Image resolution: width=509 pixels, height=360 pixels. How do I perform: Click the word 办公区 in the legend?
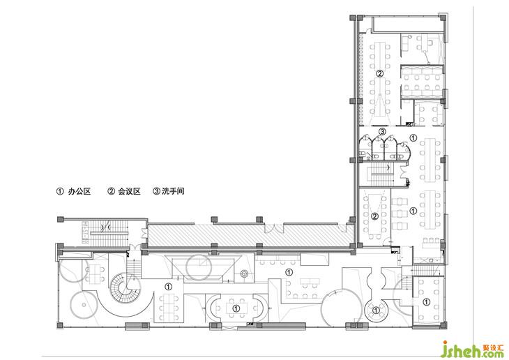pyautogui.click(x=79, y=191)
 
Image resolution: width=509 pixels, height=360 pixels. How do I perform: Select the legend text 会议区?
pyautogui.click(x=129, y=191)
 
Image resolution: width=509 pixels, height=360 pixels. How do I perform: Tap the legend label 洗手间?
pyautogui.click(x=173, y=191)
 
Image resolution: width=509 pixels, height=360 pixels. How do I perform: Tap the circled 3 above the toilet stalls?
pyautogui.click(x=382, y=132)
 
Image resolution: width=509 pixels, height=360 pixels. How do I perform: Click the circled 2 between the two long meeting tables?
pyautogui.click(x=379, y=73)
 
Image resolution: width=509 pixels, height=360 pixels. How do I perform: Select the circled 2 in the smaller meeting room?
pyautogui.click(x=374, y=216)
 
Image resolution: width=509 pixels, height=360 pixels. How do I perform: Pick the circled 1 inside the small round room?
pyautogui.click(x=376, y=310)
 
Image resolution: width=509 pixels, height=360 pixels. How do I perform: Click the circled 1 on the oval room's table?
pyautogui.click(x=236, y=308)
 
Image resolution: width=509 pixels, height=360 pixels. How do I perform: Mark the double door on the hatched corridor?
pyautogui.click(x=274, y=228)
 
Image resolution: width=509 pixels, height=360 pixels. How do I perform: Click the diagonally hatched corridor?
pyautogui.click(x=250, y=234)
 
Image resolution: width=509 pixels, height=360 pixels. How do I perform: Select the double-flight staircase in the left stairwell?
pyautogui.click(x=107, y=232)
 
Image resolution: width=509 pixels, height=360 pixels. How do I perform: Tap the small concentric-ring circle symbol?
pyautogui.click(x=244, y=274)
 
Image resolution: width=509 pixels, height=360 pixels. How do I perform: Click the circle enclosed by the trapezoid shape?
pyautogui.click(x=199, y=267)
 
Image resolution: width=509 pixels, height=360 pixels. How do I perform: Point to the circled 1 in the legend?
pyautogui.click(x=60, y=191)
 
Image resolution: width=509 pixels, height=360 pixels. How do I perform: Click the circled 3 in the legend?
pyautogui.click(x=156, y=191)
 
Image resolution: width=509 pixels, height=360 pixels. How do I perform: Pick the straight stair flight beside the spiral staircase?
pyautogui.click(x=133, y=267)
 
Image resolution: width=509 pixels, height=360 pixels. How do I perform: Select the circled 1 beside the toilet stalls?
pyautogui.click(x=413, y=137)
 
